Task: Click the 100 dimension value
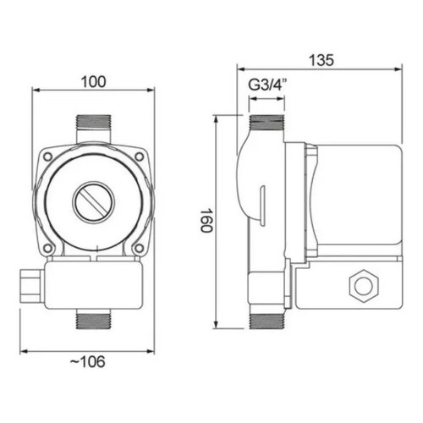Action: [x=93, y=82]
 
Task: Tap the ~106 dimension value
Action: [x=87, y=361]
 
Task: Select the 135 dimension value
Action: [x=321, y=60]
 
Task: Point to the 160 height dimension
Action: [x=206, y=221]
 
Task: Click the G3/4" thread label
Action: [x=267, y=85]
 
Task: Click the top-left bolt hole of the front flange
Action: [x=47, y=157]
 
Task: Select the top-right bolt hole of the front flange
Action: [x=139, y=157]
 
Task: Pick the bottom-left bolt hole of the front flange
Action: [x=48, y=248]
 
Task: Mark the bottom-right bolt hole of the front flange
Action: [x=138, y=248]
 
